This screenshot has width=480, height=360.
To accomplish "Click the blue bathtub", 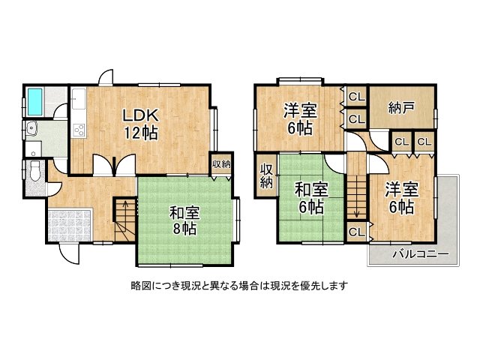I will click(35, 100).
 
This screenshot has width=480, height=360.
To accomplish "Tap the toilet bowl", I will click(34, 172).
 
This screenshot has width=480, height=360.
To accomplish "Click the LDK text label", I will click(139, 116).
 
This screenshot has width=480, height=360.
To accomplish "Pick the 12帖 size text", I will click(140, 133).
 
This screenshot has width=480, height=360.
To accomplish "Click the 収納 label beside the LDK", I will click(220, 164).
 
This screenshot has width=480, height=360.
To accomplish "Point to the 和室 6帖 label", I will click(310, 196).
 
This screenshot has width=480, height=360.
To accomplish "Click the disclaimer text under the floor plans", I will click(238, 285).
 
